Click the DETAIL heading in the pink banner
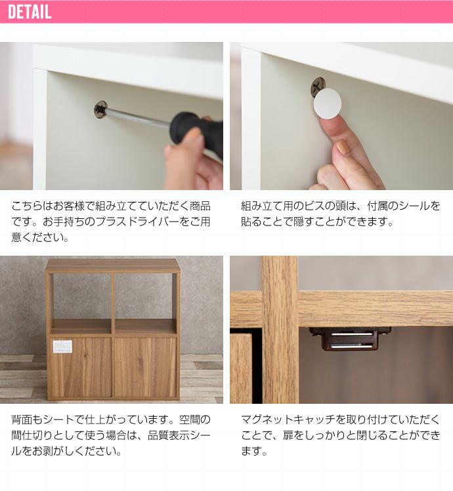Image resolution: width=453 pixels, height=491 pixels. click(30, 12)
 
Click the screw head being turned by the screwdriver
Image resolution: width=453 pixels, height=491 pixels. click(101, 109)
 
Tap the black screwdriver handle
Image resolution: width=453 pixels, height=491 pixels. click(198, 131)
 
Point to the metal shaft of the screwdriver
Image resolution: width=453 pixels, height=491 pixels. click(139, 117)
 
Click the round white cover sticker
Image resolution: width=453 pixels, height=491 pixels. click(327, 104)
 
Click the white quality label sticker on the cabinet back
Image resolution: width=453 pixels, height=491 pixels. click(62, 346)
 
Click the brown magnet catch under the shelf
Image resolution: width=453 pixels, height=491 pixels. click(350, 339)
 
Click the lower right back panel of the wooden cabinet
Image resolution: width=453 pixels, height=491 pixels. click(145, 366)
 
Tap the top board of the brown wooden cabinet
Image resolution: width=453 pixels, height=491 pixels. click(112, 265)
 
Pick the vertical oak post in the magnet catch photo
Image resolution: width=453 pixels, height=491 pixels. click(280, 330)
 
